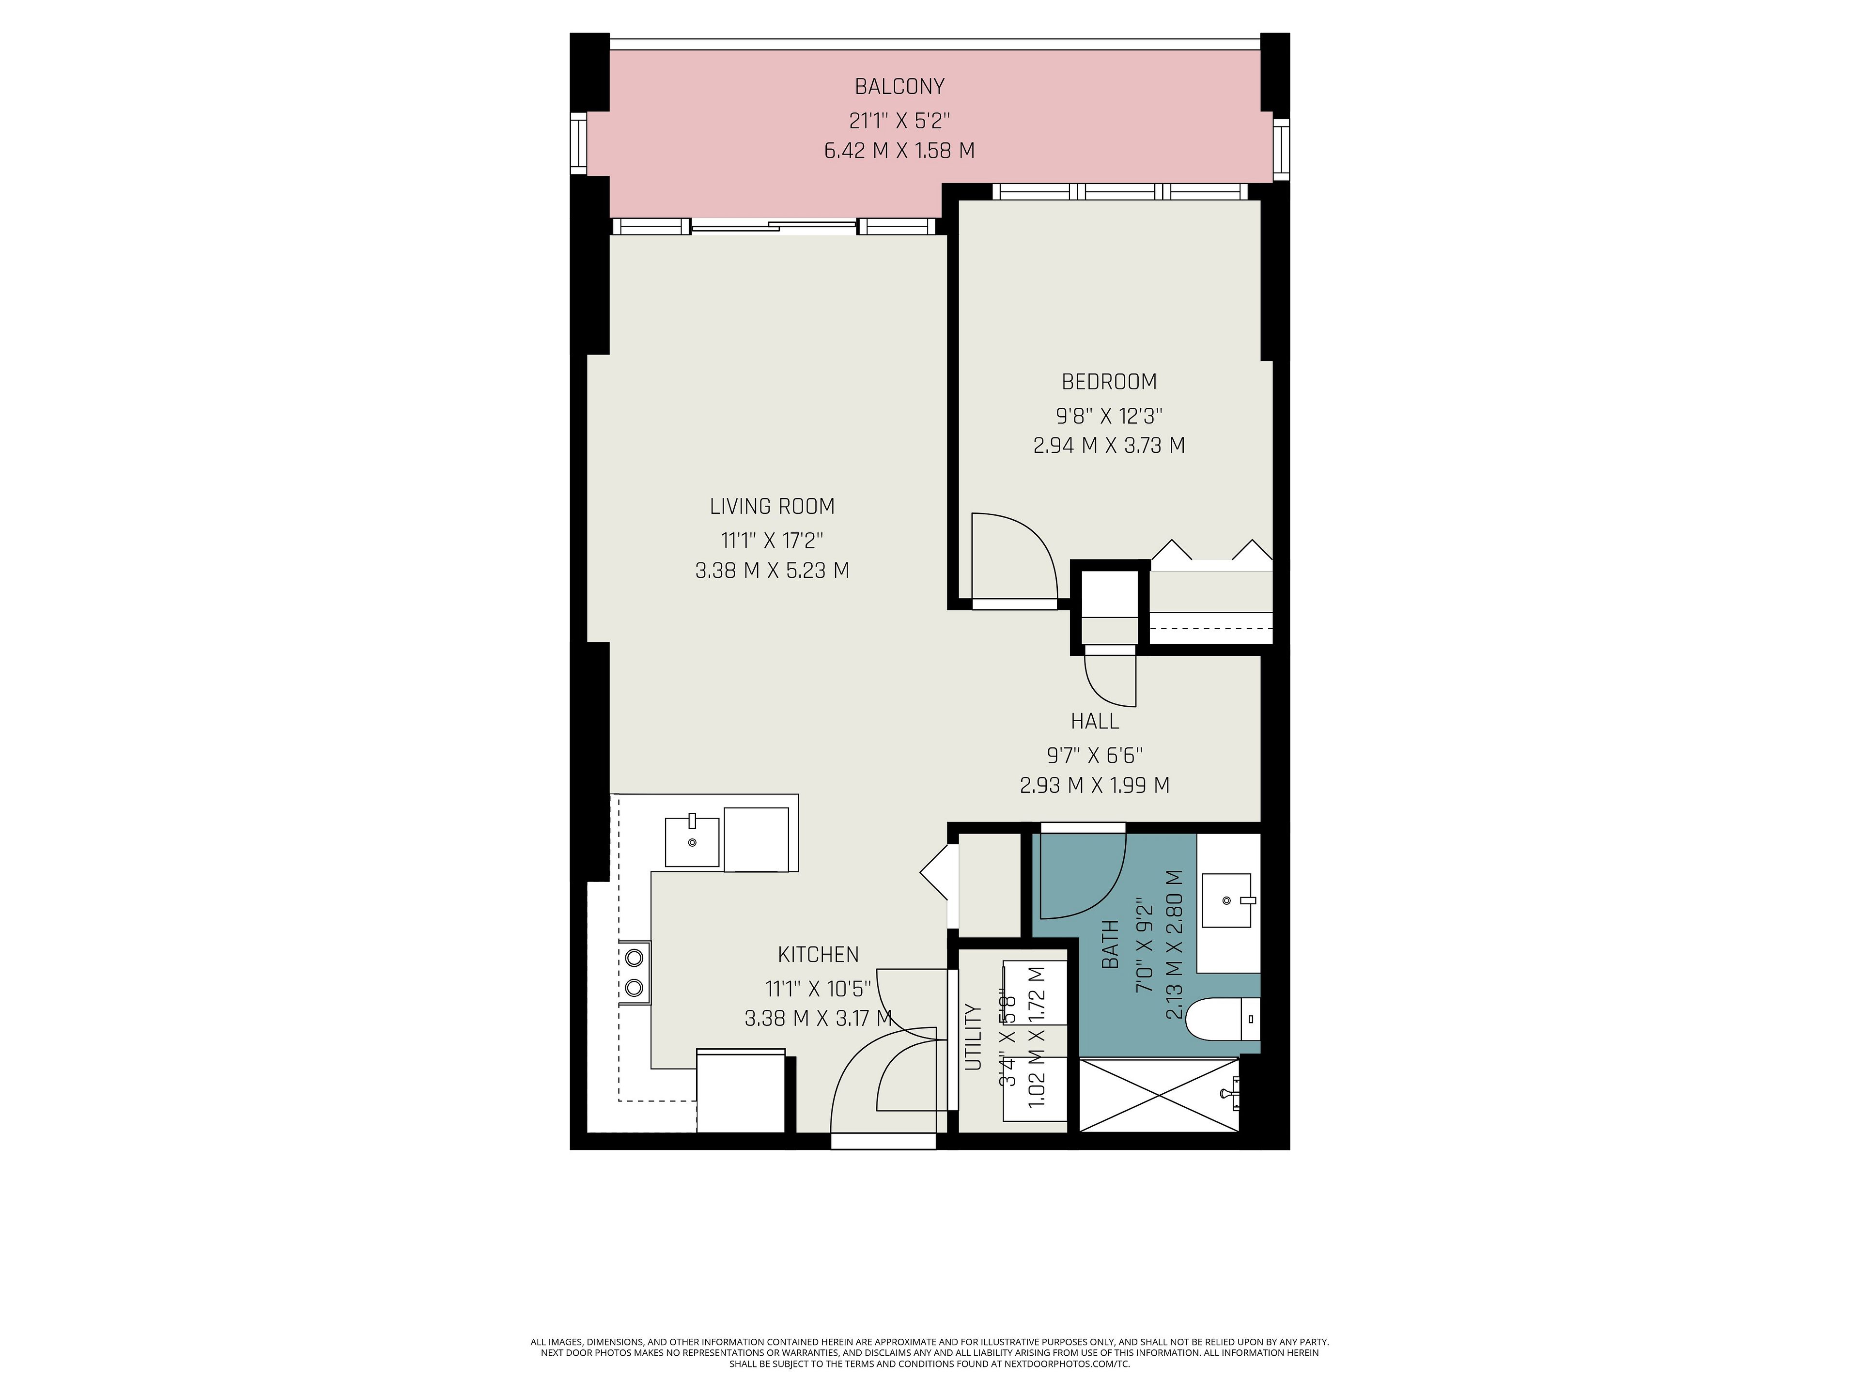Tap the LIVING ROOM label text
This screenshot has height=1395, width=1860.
(x=772, y=506)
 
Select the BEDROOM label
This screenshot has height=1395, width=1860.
(x=1109, y=382)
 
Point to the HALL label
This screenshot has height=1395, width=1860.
(x=1095, y=721)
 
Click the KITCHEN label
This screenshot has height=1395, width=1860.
(x=818, y=954)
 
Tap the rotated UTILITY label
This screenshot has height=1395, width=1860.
(x=973, y=1036)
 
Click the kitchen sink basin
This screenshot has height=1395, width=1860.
(x=692, y=841)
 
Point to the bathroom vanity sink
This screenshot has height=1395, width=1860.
(x=1228, y=900)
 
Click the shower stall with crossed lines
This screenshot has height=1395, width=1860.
(x=1159, y=1095)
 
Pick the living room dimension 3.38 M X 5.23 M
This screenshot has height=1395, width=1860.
(x=772, y=570)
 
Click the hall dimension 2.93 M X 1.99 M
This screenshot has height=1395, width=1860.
(x=1094, y=785)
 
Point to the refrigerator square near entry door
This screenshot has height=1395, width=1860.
(x=741, y=1091)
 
